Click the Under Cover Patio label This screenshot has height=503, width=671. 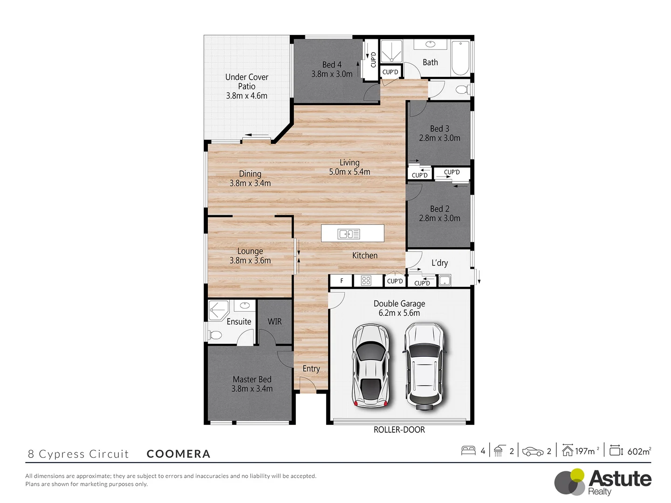pyautogui.click(x=246, y=77)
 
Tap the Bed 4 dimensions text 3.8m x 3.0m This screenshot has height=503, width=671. pyautogui.click(x=332, y=74)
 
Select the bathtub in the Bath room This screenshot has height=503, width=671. pyautogui.click(x=460, y=58)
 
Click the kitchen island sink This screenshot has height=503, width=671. pyautogui.click(x=349, y=234)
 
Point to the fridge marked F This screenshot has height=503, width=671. pyautogui.click(x=342, y=281)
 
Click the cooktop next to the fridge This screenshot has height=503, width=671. pyautogui.click(x=366, y=280)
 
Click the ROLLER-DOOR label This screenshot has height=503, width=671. pyautogui.click(x=399, y=430)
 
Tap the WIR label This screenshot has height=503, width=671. pyautogui.click(x=274, y=322)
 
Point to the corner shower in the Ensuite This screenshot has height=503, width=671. pyautogui.click(x=218, y=310)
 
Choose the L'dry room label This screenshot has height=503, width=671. pyautogui.click(x=439, y=263)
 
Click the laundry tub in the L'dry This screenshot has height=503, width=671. pyautogui.click(x=445, y=281)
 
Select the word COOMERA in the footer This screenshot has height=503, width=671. pyautogui.click(x=178, y=454)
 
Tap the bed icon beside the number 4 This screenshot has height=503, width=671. pyautogui.click(x=468, y=451)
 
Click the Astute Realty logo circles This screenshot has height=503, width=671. pyautogui.click(x=570, y=482)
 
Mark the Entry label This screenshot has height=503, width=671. pyautogui.click(x=311, y=369)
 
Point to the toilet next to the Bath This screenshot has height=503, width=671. pyautogui.click(x=462, y=89)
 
